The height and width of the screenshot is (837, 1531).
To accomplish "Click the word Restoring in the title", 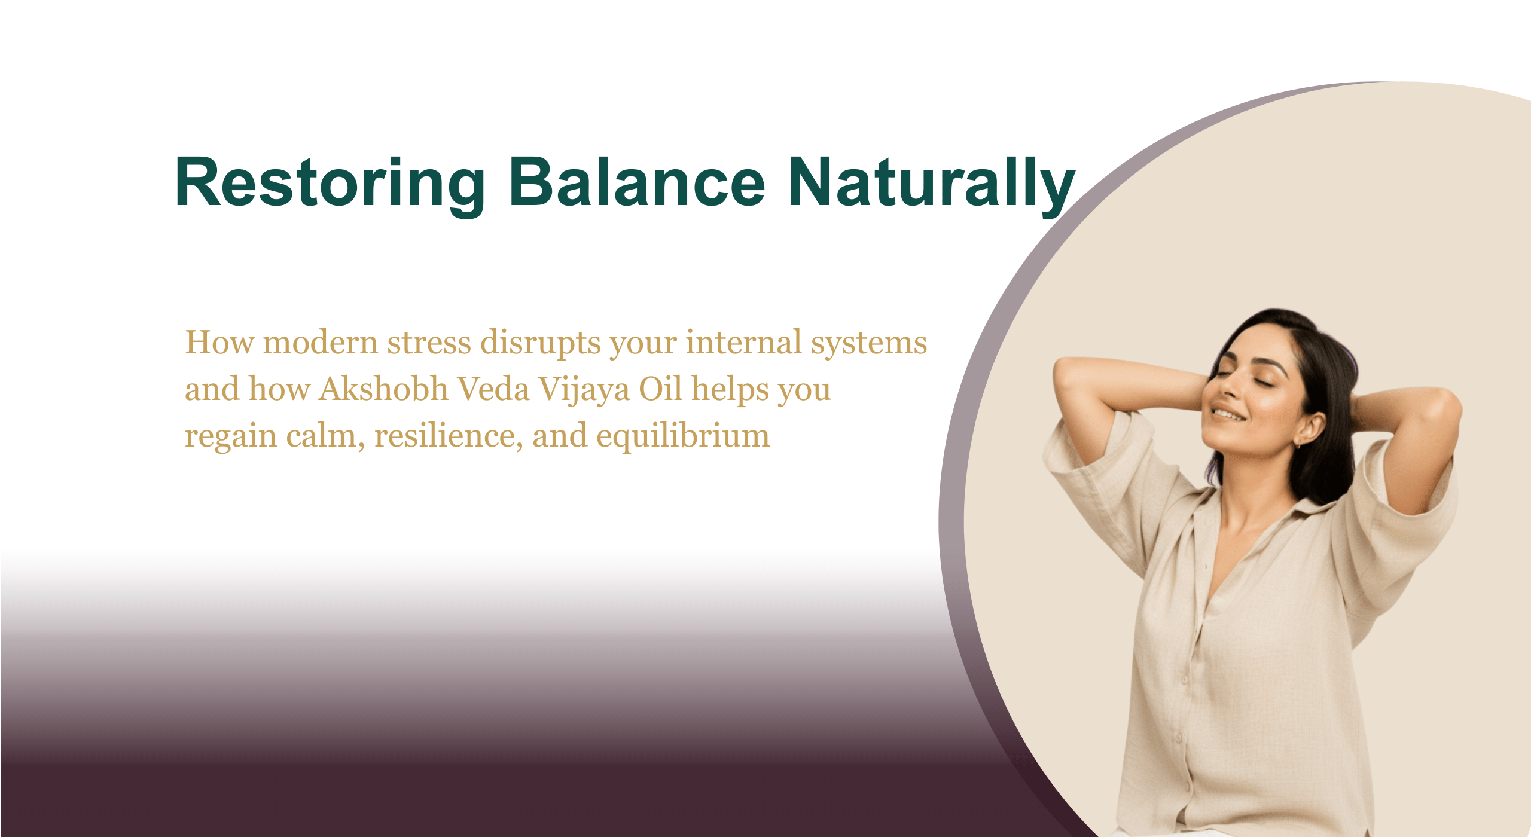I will pos(329,183).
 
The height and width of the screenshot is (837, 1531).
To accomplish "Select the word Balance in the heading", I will pos(636,183).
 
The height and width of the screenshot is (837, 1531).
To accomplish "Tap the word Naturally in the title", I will pos(931,183).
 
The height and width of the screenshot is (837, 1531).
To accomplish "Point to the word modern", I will pos(320,343).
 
